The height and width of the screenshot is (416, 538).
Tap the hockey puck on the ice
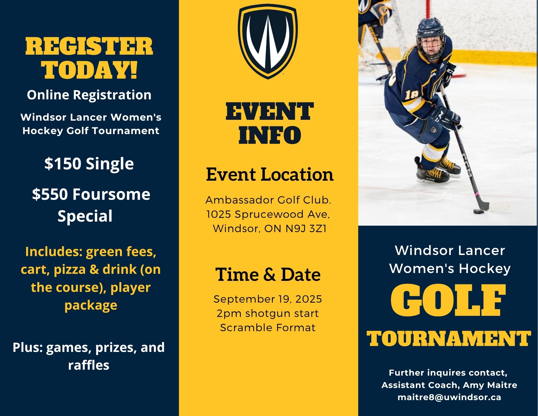click(x=479, y=211)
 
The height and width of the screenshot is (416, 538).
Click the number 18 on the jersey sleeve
click(x=412, y=94)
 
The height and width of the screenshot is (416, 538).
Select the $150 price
click(x=63, y=163)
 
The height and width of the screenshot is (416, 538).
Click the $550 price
click(x=50, y=194)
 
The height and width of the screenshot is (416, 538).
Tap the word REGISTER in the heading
click(x=89, y=46)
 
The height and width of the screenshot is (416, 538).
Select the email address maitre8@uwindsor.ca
click(x=449, y=397)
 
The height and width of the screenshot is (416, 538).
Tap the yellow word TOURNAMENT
click(x=449, y=339)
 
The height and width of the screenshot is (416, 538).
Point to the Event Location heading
click(x=270, y=174)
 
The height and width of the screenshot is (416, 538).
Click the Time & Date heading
click(x=268, y=275)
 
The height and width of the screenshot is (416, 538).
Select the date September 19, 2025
click(x=268, y=299)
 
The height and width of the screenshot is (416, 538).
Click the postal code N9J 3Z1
click(x=306, y=229)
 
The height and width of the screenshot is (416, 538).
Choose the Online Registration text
click(x=89, y=95)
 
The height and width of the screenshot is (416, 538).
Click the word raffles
click(x=89, y=365)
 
